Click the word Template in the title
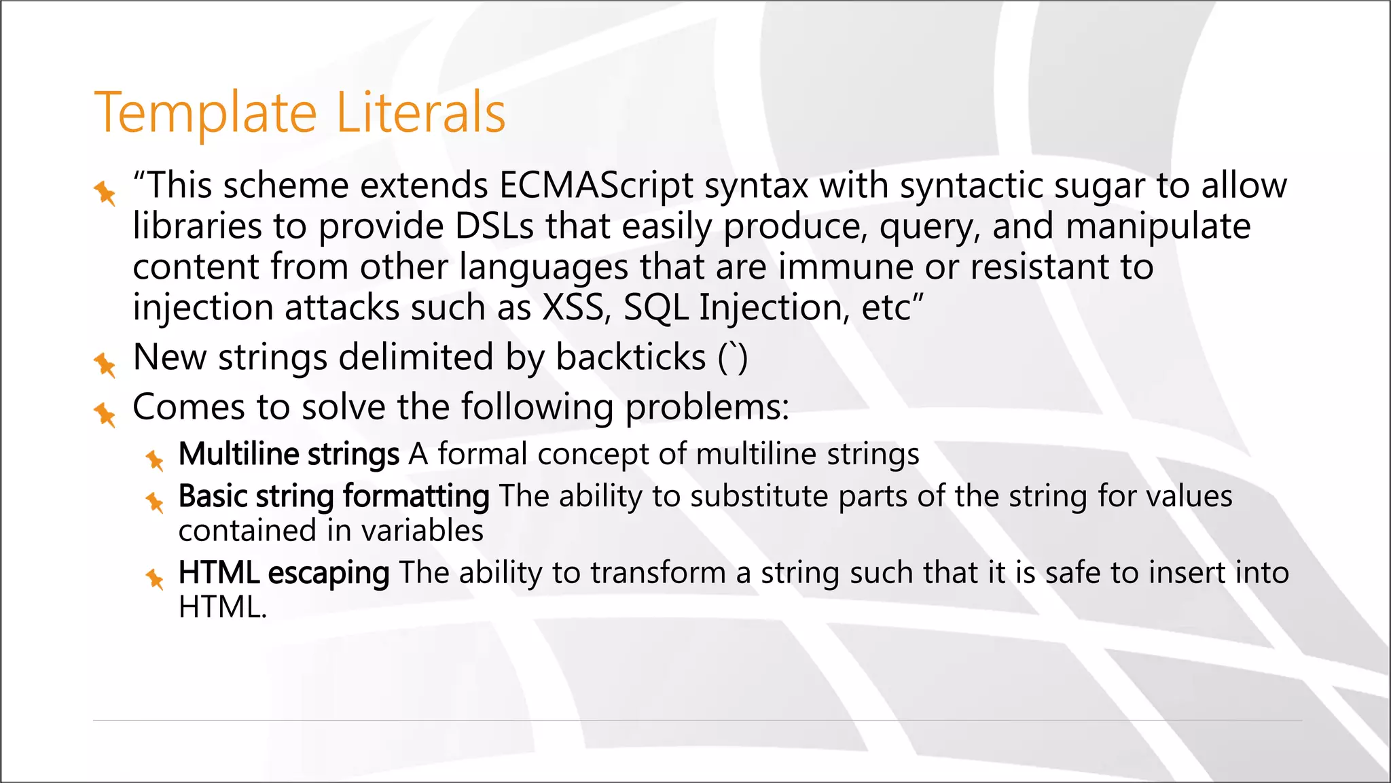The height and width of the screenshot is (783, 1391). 206,113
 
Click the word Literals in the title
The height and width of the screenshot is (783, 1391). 420,113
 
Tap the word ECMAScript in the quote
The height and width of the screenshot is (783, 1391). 596,185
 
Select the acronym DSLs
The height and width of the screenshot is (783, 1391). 494,226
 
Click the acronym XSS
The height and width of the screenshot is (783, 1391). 574,307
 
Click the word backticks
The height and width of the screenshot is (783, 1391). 631,358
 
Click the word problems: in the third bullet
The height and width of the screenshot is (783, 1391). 707,407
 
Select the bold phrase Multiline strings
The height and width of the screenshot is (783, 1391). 289,454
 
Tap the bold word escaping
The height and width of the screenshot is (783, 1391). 329,573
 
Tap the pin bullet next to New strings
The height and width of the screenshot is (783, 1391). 105,364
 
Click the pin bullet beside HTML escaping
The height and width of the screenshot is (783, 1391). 155,579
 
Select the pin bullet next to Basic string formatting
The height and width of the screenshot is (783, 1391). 155,502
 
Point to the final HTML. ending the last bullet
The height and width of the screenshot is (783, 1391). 222,607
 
